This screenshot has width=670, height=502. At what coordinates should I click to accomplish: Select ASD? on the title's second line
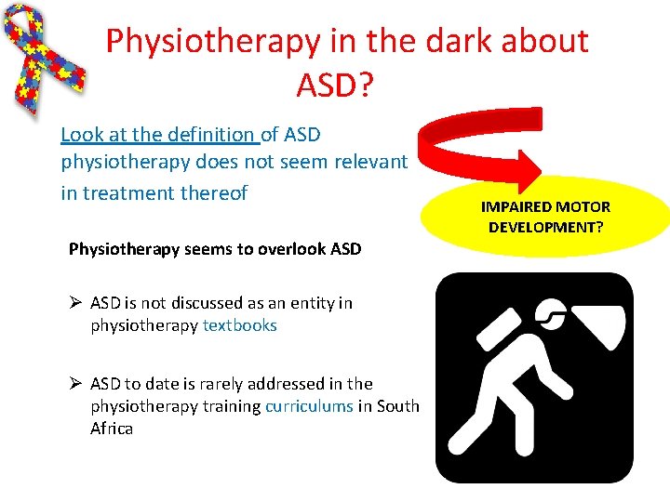tap(334, 85)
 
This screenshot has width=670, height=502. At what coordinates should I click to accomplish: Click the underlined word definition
tap(210, 135)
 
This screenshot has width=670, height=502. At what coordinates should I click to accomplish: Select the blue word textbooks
tap(240, 325)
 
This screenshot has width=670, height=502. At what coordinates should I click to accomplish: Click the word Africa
tap(112, 429)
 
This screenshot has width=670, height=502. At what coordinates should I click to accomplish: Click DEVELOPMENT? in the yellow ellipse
tap(545, 228)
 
